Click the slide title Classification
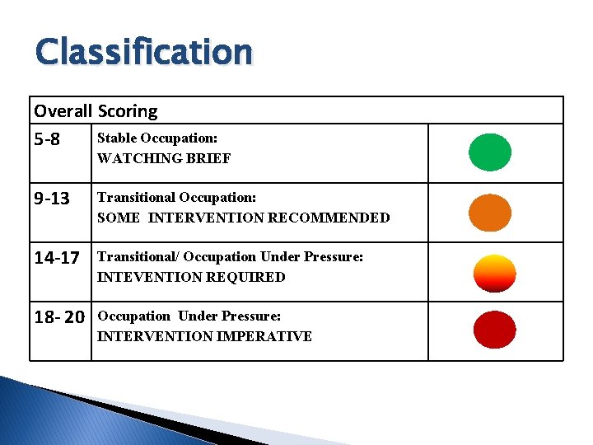[x=143, y=51]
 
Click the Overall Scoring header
[x=96, y=110]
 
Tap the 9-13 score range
[x=51, y=199]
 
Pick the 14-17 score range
[x=57, y=258]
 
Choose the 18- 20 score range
[x=59, y=317]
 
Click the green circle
[x=490, y=152]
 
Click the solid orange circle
[x=490, y=212]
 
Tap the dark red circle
[x=494, y=330]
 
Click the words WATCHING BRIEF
[x=164, y=158]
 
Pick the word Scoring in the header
[x=128, y=110]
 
